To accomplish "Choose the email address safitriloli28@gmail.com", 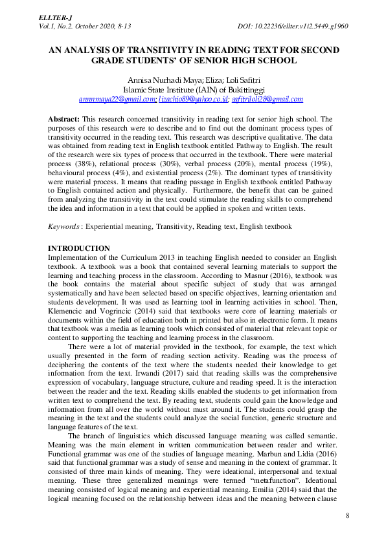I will (x=268, y=99).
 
